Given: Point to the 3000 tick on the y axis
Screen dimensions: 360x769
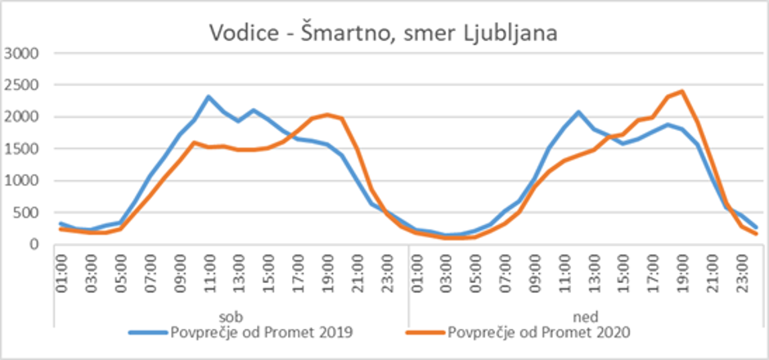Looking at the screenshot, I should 22,54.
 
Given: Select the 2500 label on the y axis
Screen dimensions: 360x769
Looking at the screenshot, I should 22,86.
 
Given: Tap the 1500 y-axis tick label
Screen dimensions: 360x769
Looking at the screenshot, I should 22,150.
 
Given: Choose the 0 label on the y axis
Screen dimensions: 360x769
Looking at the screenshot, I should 35,245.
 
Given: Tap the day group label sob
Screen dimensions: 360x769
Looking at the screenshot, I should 231,317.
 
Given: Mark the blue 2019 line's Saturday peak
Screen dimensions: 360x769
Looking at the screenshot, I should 209,97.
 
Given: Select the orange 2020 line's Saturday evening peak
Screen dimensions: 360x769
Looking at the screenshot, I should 327,115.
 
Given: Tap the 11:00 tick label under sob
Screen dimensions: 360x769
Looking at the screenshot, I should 209,272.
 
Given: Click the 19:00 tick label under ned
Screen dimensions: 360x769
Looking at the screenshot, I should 681,272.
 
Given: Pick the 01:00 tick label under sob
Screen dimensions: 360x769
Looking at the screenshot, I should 61,272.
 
